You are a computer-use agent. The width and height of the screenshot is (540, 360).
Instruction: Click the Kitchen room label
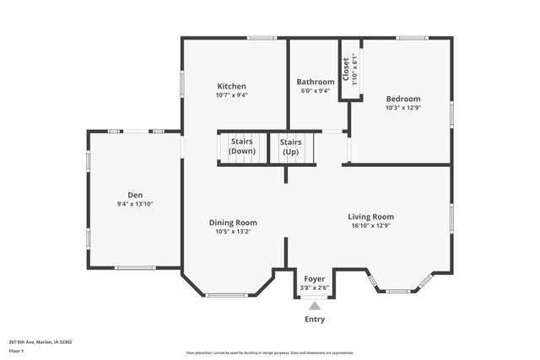(231, 86)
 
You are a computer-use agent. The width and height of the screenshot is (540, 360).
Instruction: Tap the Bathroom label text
(315, 82)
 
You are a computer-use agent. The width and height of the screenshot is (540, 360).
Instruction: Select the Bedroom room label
(402, 99)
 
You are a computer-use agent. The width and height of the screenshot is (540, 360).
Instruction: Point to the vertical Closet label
(346, 67)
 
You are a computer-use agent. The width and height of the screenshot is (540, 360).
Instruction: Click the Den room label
(135, 195)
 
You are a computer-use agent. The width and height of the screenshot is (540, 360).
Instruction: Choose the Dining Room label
(233, 223)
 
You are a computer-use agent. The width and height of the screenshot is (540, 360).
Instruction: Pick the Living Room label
(371, 217)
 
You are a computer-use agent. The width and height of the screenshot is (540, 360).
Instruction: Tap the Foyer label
(314, 278)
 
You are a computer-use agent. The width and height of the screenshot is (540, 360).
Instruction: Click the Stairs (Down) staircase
(242, 147)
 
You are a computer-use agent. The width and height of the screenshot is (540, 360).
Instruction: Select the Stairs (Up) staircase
(290, 147)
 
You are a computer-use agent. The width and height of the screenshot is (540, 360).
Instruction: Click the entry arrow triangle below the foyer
(314, 306)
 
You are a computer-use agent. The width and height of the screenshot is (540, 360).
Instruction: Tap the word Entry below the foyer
(314, 320)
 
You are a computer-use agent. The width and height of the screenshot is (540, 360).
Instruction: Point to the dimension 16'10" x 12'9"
(371, 226)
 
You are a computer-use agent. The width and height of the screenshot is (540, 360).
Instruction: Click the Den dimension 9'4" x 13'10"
(135, 204)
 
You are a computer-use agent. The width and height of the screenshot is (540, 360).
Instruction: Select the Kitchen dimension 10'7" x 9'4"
(231, 95)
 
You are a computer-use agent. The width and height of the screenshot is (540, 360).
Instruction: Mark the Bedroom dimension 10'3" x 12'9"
(402, 108)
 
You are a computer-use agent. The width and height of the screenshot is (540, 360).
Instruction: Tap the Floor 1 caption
(17, 350)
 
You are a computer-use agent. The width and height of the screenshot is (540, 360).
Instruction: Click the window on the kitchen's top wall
(262, 37)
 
